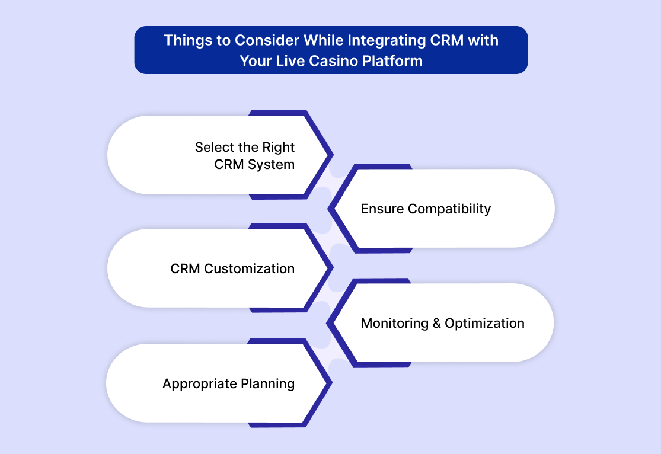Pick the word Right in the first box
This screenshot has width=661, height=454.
pyautogui.click(x=278, y=148)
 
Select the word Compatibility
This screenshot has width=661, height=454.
pyautogui.click(x=449, y=209)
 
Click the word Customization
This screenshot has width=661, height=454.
pyautogui.click(x=249, y=268)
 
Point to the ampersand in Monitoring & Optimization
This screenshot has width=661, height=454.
pyautogui.click(x=437, y=324)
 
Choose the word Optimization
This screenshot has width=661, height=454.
pyautogui.click(x=485, y=324)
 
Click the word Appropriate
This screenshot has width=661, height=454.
pyautogui.click(x=199, y=384)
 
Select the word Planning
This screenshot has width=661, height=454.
pyautogui.click(x=268, y=384)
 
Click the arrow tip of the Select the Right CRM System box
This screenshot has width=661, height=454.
pyautogui.click(x=333, y=155)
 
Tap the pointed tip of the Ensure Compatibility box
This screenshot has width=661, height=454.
pyautogui.click(x=328, y=208)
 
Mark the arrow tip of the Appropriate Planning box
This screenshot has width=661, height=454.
pyautogui.click(x=332, y=383)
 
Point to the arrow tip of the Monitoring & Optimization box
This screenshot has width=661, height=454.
pyautogui.click(x=327, y=324)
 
